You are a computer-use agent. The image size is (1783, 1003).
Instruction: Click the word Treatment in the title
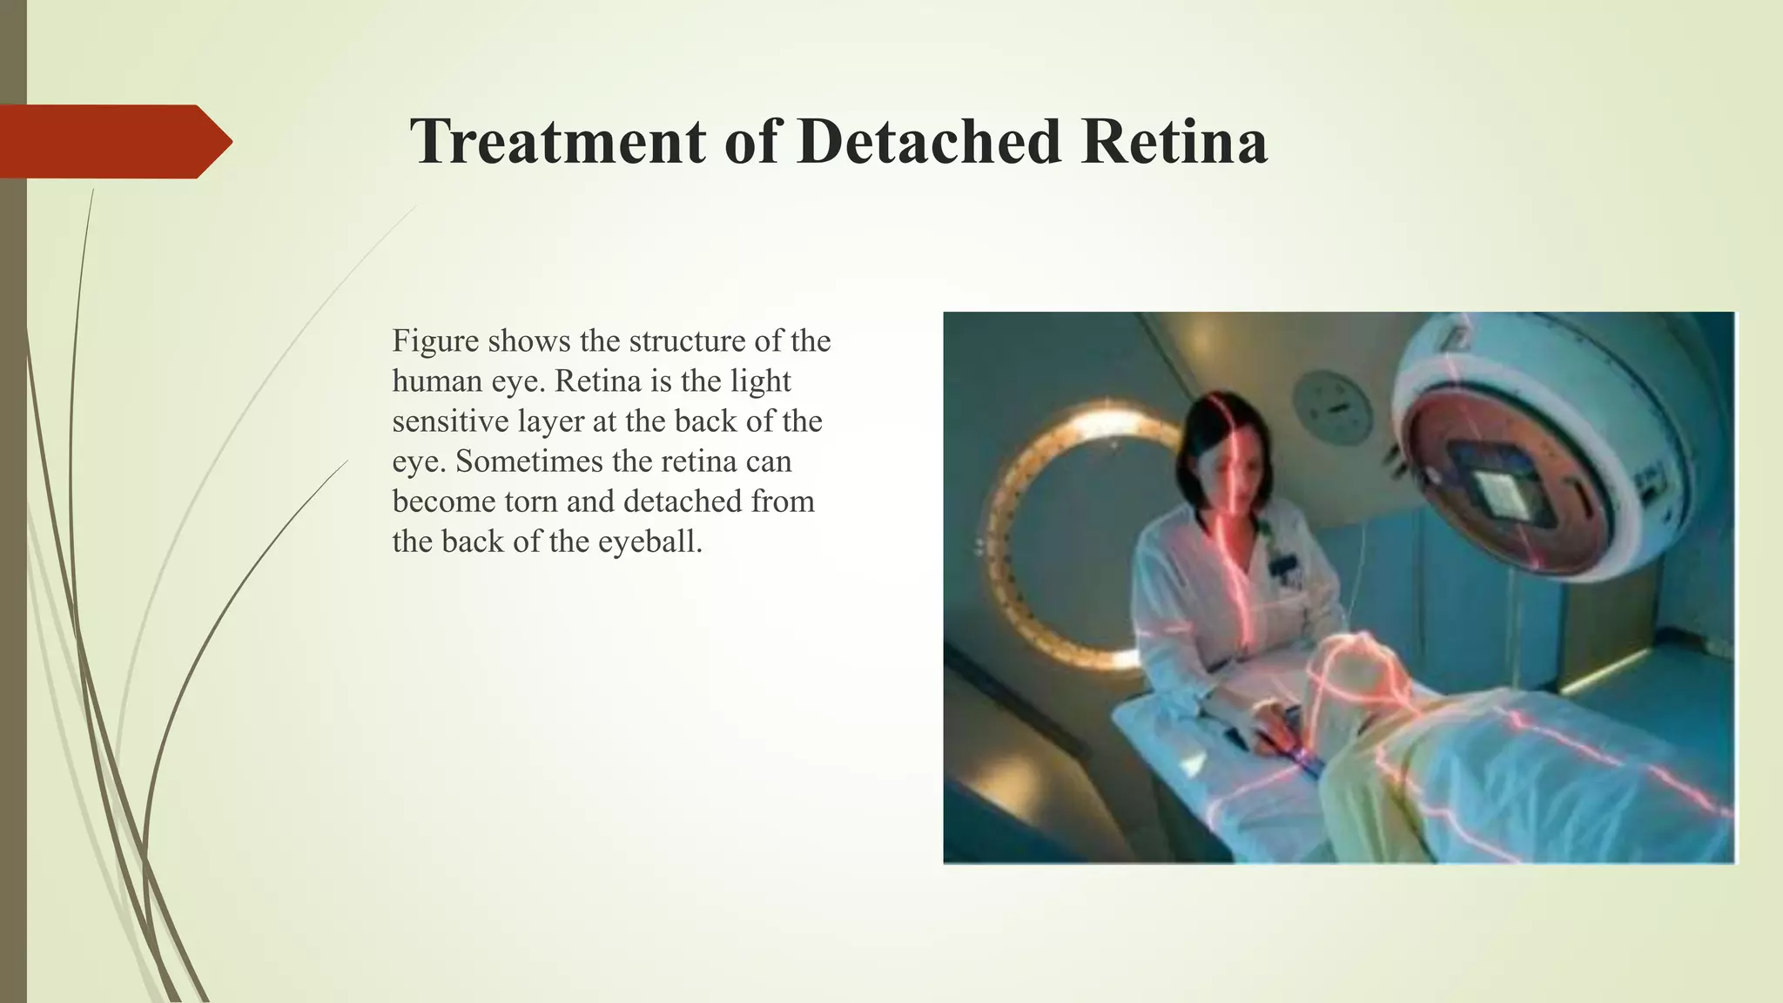pyautogui.click(x=557, y=141)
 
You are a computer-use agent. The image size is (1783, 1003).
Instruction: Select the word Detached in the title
pyautogui.click(x=928, y=141)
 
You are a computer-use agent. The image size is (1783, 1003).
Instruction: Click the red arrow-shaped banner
pyautogui.click(x=113, y=141)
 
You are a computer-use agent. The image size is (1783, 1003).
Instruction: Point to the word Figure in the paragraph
pyautogui.click(x=435, y=340)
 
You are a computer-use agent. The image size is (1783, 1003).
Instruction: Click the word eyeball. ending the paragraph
pyautogui.click(x=649, y=542)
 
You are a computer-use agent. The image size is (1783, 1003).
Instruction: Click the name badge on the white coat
pyautogui.click(x=1281, y=566)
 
